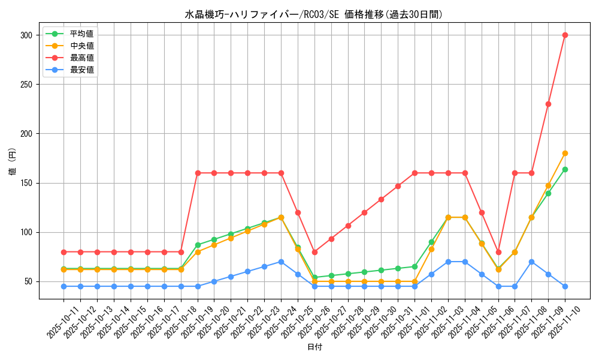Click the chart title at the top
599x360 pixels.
pos(314,14)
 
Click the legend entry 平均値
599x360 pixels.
pos(81,34)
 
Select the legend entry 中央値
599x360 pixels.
pos(81,46)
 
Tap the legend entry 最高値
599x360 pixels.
pos(81,58)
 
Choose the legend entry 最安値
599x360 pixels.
pos(81,70)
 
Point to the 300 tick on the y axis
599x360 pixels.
pos(26,35)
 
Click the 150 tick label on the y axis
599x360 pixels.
pos(26,183)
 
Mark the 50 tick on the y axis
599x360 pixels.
pos(28,281)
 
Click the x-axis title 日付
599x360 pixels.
pos(314,347)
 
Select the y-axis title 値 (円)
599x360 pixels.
pos(13,163)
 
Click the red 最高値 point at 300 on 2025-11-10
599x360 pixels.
pos(565,35)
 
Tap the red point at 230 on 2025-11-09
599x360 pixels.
pos(548,104)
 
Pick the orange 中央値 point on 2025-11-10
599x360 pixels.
pos(565,153)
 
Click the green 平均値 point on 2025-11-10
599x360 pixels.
pos(565,169)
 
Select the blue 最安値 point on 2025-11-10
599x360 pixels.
pos(565,286)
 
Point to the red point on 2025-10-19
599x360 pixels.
pos(198,173)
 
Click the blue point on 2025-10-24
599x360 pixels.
pos(281,262)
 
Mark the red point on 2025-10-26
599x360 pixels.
pos(314,252)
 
